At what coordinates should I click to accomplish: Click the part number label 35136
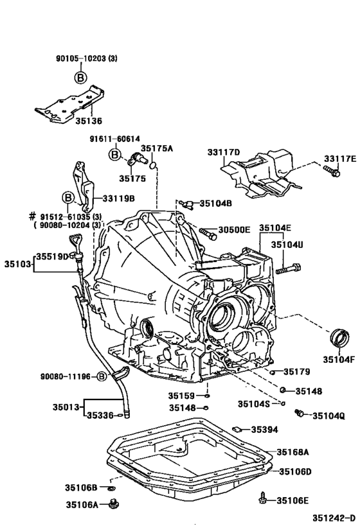[x=89, y=120]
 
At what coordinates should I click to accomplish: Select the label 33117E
[x=339, y=158]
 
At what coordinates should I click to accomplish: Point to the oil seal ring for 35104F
[x=338, y=338]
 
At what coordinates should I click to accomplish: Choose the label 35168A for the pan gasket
[x=294, y=451]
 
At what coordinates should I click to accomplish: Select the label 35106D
[x=294, y=472]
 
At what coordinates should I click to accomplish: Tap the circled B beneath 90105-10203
[x=80, y=78]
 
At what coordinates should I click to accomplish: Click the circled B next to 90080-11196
[x=101, y=377]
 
